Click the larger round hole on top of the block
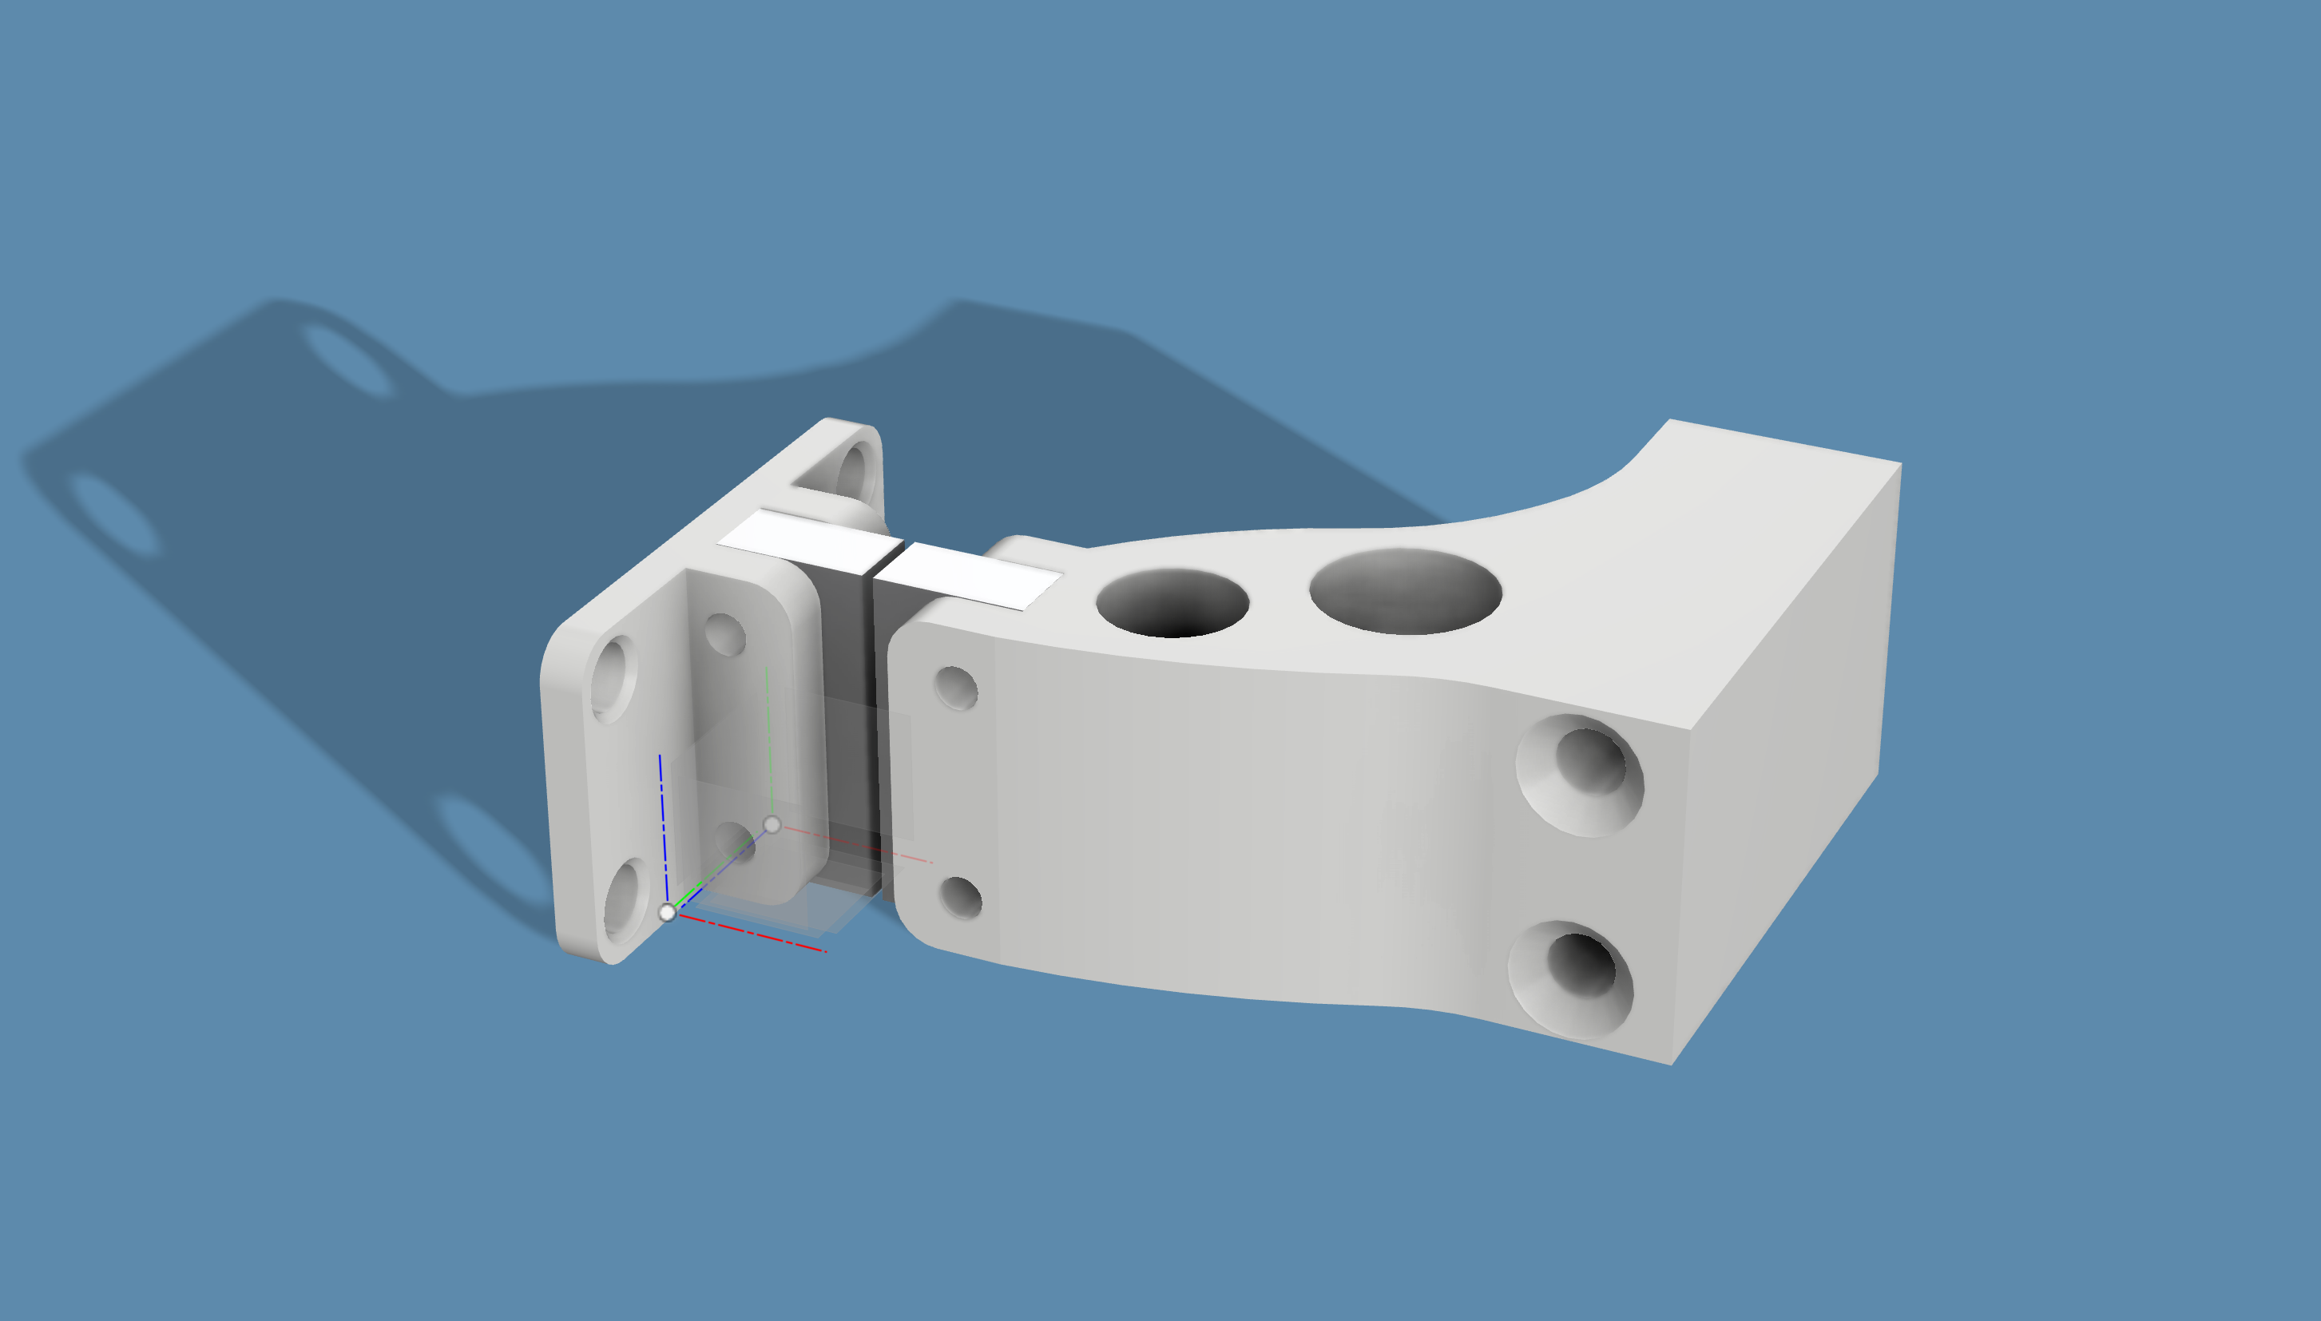click(1404, 591)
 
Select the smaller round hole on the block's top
click(1172, 602)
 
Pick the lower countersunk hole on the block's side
click(1579, 969)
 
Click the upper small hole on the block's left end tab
click(956, 687)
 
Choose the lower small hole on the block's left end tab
click(961, 896)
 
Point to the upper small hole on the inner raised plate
click(724, 633)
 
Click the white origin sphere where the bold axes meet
click(668, 912)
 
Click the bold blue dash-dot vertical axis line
click(663, 826)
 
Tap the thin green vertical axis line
click(768, 744)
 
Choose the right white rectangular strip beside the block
click(970, 576)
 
